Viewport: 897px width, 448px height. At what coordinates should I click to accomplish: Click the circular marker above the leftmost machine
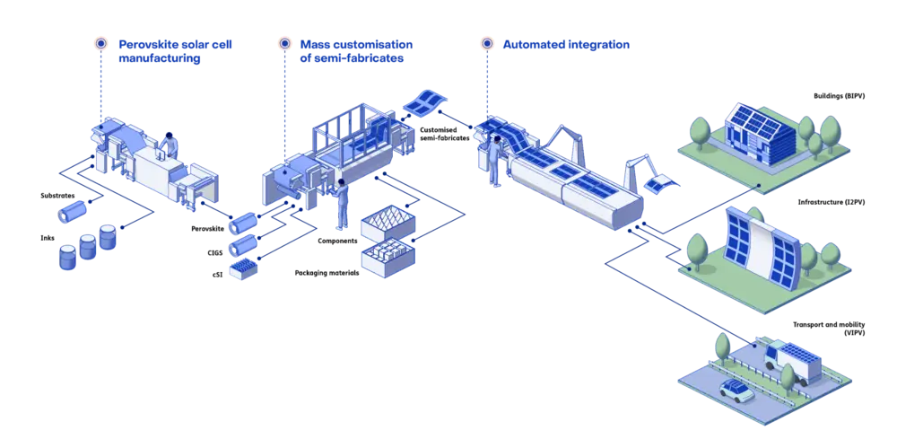tap(100, 42)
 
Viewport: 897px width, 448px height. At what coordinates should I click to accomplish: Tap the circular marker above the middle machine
tap(284, 42)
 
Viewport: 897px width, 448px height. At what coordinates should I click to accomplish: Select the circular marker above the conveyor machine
tap(487, 42)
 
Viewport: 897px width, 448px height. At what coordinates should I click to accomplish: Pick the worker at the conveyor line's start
tap(494, 160)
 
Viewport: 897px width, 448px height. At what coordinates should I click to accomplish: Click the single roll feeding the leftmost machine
tap(69, 214)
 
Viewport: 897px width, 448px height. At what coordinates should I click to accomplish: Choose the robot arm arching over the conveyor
tap(562, 140)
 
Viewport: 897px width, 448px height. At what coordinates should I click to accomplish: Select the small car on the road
tap(736, 390)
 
